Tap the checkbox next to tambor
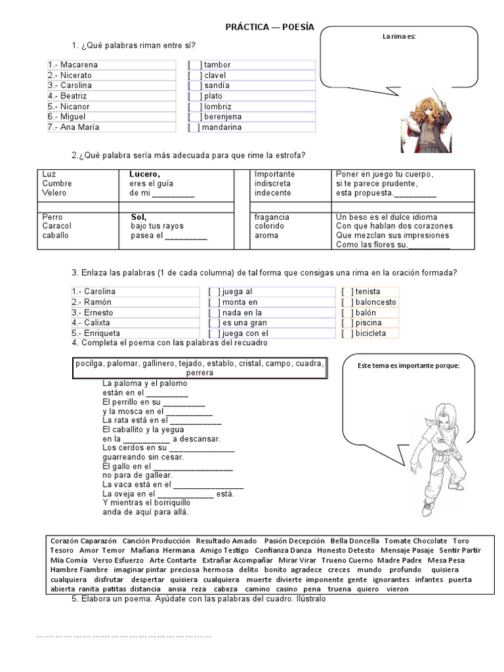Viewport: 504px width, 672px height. coord(194,65)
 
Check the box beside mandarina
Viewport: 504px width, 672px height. coord(194,127)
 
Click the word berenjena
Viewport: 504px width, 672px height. coord(223,117)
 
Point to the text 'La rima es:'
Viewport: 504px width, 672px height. coord(399,37)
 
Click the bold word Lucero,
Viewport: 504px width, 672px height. coord(145,174)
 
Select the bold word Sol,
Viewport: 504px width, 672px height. coord(138,217)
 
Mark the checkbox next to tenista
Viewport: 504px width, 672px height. coord(348,291)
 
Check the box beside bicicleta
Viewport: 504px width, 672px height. coord(348,333)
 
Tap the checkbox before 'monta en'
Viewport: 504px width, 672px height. coord(215,302)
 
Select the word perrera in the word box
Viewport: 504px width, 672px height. coord(199,372)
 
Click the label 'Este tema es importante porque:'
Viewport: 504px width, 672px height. coord(408,366)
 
